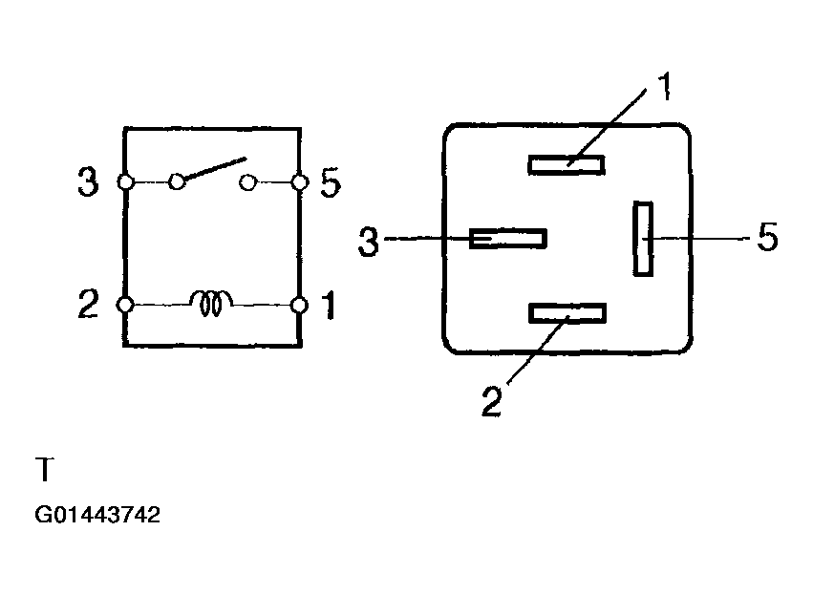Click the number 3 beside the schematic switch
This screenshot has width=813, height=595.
click(88, 181)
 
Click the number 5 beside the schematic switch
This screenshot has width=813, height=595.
click(331, 182)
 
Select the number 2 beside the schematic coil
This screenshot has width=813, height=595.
click(88, 304)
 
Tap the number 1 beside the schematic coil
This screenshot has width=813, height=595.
click(330, 305)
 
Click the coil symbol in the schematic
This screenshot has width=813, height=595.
click(211, 303)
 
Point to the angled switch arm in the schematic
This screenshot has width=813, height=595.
click(215, 168)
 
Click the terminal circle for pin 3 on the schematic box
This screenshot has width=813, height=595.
click(125, 182)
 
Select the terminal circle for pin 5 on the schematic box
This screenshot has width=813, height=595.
click(300, 182)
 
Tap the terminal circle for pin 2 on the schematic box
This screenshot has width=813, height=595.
click(125, 305)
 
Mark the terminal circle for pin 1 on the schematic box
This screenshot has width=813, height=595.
click(299, 306)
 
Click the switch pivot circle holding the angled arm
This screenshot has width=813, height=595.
click(178, 181)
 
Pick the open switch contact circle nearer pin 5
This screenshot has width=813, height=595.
click(247, 182)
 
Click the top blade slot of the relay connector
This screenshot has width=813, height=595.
click(567, 165)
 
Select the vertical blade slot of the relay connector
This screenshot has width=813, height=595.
click(643, 239)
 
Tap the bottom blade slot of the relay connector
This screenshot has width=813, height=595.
click(567, 313)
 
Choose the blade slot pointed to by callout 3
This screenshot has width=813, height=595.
click(508, 239)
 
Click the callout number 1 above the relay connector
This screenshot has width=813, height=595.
click(665, 86)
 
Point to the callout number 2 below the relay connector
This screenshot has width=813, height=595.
click(492, 400)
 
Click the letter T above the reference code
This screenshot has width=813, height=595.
click(45, 469)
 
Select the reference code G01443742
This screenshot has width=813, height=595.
click(97, 515)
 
